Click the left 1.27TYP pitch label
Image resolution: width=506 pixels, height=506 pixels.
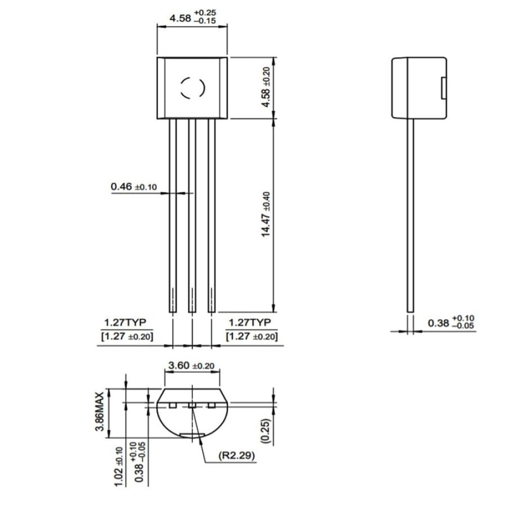point(124,323)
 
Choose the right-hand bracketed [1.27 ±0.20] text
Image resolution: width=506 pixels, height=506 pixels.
point(251,336)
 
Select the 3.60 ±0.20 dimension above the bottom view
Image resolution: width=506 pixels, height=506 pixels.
point(191,365)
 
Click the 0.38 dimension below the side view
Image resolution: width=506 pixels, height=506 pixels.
point(450,322)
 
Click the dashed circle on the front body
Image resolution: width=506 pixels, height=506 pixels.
point(192,88)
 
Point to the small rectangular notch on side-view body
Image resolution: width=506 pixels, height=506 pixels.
point(443,88)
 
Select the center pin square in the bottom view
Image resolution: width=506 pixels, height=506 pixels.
point(192,405)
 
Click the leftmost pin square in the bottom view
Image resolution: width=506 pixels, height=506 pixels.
point(173,405)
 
